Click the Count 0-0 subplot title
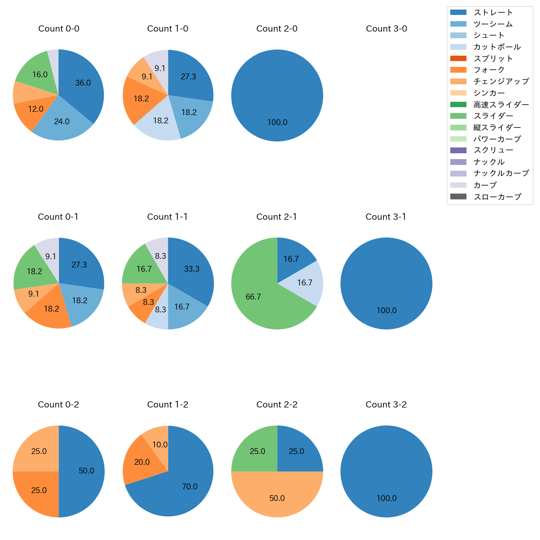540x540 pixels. point(59,29)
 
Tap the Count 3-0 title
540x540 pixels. point(386,29)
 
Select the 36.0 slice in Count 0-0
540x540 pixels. point(83,83)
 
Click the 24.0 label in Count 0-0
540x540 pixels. point(62,122)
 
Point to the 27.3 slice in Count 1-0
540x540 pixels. point(188,77)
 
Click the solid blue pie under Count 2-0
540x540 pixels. point(277,96)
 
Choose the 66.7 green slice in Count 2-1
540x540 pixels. point(253,297)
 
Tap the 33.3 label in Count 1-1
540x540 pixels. point(192,269)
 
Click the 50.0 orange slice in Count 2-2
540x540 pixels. point(277,498)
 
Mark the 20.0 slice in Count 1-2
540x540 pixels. point(142,462)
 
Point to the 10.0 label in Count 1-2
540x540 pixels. point(160,445)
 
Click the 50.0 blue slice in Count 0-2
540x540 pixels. point(86,471)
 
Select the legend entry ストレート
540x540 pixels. point(493,12)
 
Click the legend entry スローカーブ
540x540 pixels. point(497,197)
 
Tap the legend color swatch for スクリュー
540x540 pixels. point(458,150)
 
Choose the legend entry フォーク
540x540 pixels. point(489,70)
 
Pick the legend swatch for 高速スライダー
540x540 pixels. point(458,105)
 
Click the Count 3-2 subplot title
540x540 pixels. point(386,405)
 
